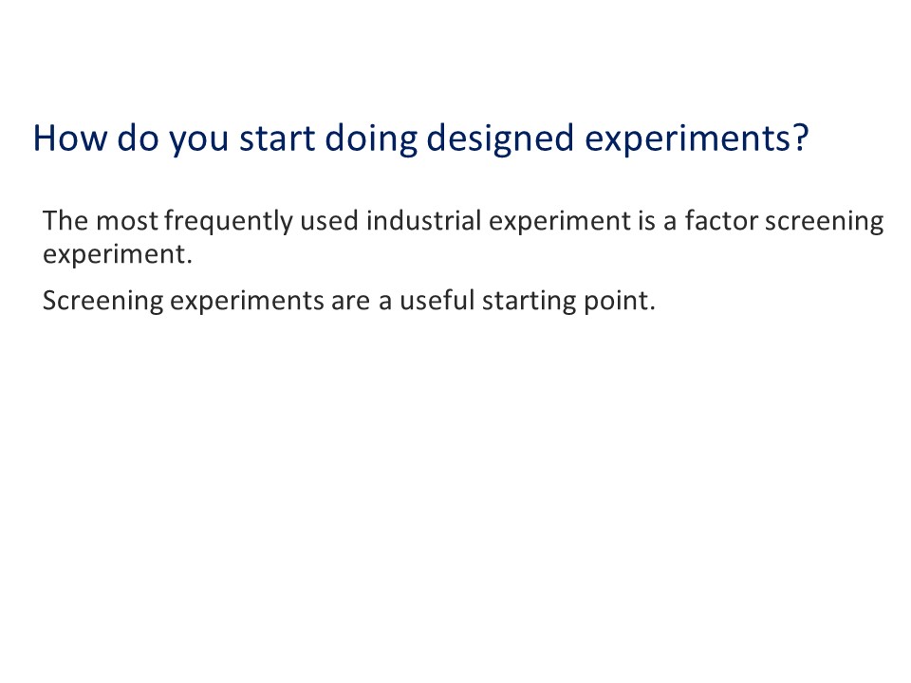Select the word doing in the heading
[x=370, y=138]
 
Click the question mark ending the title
[x=799, y=138]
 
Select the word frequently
[x=228, y=222]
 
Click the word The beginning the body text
[x=65, y=222]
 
